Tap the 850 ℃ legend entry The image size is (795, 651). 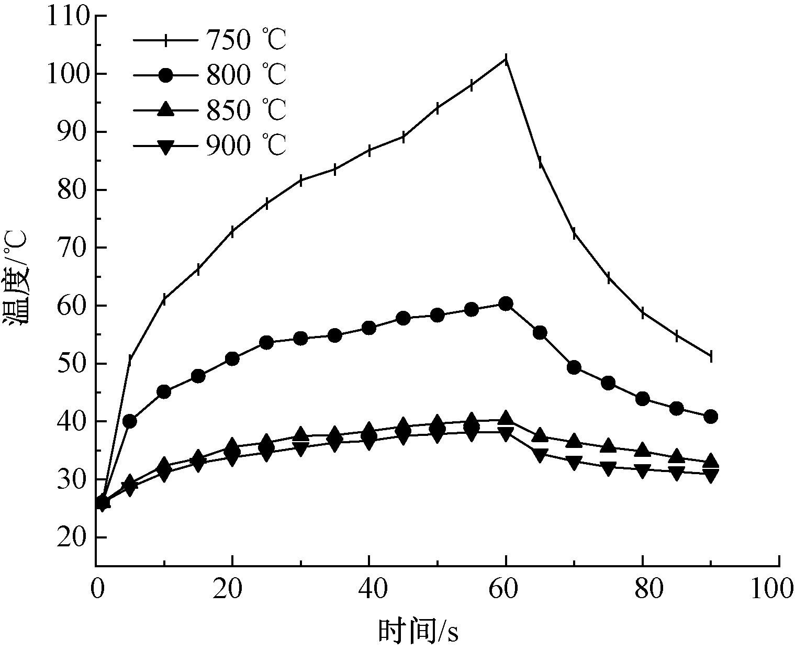209,110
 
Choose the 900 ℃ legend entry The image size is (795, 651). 209,145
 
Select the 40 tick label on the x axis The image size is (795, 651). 369,589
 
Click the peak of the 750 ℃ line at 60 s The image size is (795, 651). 506,59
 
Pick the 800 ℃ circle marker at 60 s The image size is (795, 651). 506,304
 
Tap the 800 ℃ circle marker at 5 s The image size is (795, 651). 130,421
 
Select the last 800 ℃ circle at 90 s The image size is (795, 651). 710,417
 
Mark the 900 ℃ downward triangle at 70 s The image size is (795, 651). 574,463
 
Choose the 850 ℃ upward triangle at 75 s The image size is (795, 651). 608,446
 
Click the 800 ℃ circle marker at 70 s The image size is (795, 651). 574,367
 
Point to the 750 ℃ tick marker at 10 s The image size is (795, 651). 164,299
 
